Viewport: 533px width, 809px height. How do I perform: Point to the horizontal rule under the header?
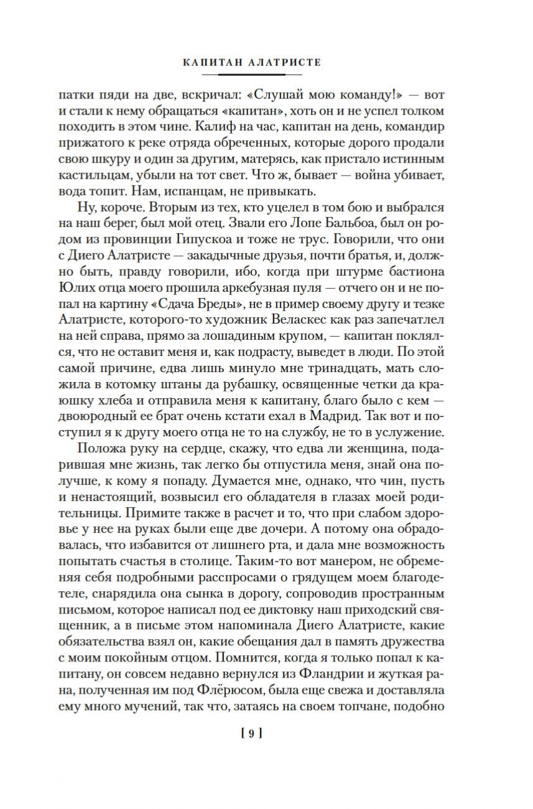(252, 75)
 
